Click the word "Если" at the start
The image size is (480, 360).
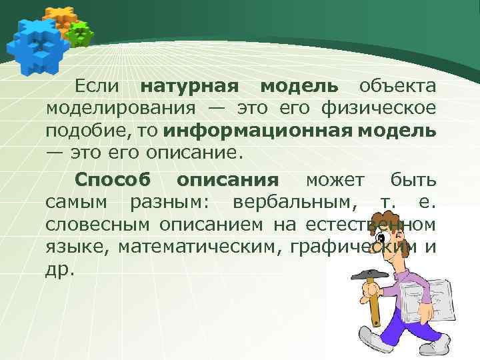point(97,86)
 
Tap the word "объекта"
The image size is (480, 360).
point(398,86)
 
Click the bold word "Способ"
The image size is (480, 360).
point(113,180)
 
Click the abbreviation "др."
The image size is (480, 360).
point(61,270)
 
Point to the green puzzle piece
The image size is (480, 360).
point(80,33)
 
